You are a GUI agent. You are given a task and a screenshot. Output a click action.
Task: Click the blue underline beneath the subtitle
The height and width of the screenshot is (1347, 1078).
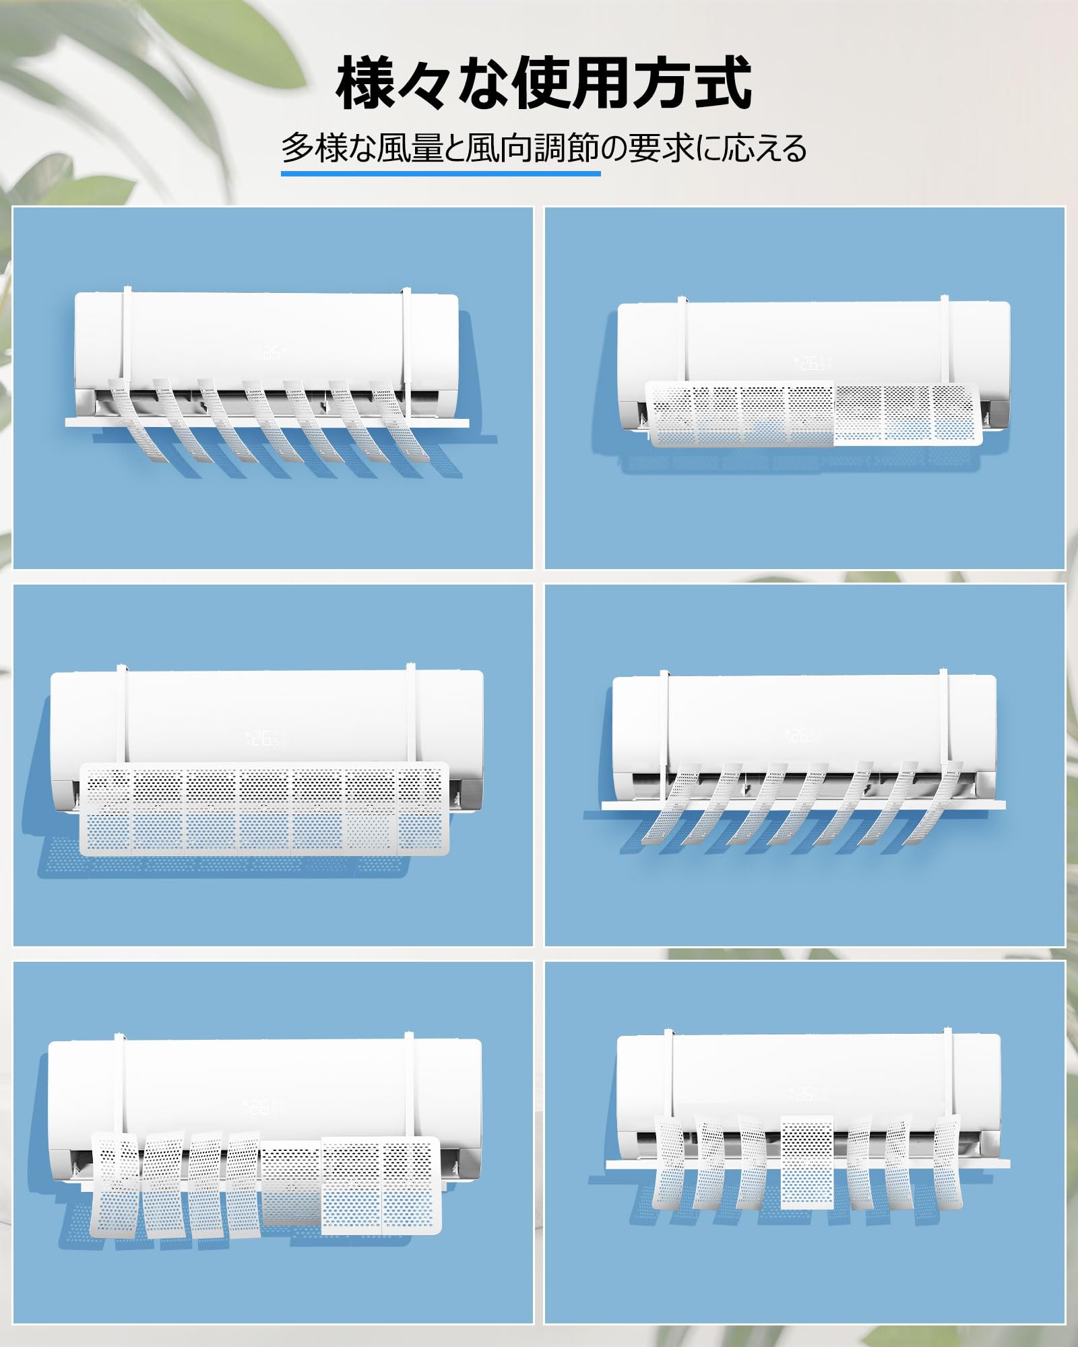pos(441,173)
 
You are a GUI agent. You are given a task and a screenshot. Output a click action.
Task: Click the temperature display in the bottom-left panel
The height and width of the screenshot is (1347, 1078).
pos(263,1107)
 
